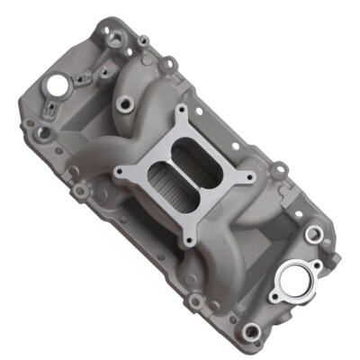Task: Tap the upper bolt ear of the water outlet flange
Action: pyautogui.click(x=314, y=236)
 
